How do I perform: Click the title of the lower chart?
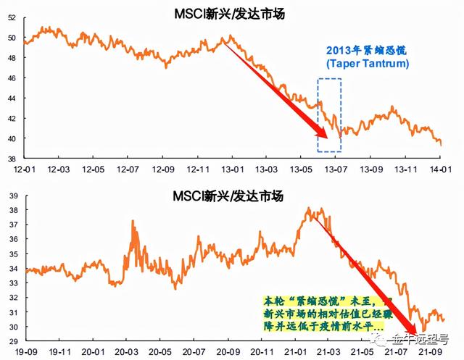[x=228, y=196]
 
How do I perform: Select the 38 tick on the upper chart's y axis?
[x=11, y=158]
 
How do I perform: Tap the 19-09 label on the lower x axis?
[x=25, y=352]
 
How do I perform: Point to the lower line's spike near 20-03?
[x=133, y=222]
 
